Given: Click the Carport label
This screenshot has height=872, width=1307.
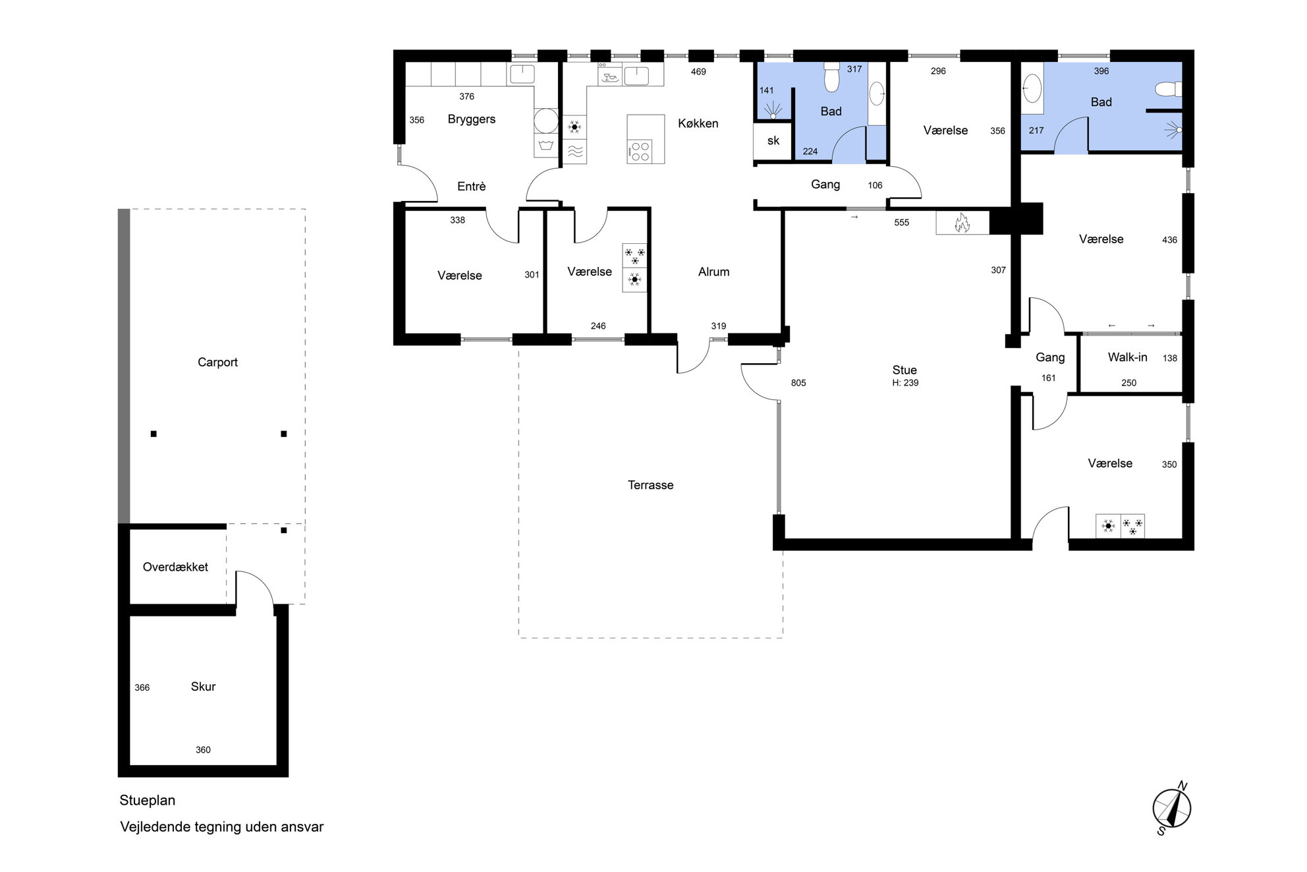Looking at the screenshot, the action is [x=217, y=363].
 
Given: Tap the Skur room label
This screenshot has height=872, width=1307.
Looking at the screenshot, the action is [x=203, y=687].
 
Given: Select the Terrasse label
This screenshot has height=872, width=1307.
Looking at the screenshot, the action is [x=650, y=485].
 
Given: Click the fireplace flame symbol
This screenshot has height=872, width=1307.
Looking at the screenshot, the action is [x=962, y=223].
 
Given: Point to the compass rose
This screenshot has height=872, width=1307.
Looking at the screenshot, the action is [x=1172, y=808].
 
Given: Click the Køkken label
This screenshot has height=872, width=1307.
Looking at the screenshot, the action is [x=698, y=123].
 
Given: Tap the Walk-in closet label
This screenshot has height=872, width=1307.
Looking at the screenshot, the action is [x=1127, y=357].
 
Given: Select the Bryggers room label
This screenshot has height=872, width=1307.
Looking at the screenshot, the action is [x=471, y=119].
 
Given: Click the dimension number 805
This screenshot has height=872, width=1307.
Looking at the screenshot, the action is [x=798, y=383].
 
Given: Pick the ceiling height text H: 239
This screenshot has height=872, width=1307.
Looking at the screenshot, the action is [x=905, y=383].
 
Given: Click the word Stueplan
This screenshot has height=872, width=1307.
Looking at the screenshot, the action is [x=147, y=801].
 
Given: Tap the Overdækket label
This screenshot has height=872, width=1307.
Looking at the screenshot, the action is [x=175, y=567].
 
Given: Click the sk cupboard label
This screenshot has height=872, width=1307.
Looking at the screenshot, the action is [x=773, y=140].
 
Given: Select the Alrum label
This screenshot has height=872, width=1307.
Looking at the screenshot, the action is [x=713, y=272].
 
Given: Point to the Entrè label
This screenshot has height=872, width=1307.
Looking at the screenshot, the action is [x=471, y=187].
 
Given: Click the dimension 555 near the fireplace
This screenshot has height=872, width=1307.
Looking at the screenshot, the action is [x=901, y=223].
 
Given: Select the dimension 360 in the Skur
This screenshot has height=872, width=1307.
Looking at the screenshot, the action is [x=203, y=750].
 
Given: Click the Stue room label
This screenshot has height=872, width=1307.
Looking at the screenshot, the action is [x=904, y=370].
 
